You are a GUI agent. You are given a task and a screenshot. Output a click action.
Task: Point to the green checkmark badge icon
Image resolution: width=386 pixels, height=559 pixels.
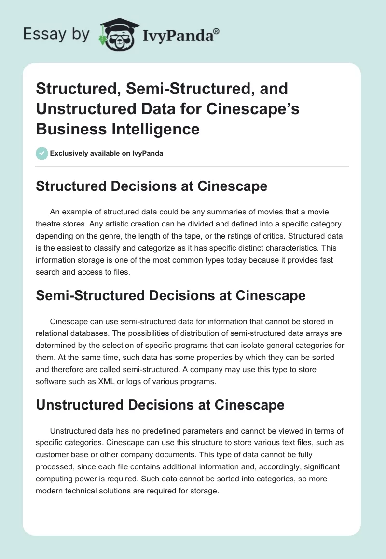coord(41,153)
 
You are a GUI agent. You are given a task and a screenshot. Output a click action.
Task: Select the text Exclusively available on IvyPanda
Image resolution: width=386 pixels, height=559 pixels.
coord(106,154)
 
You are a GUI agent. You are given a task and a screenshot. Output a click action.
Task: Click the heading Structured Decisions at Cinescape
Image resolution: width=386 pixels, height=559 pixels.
coord(152,186)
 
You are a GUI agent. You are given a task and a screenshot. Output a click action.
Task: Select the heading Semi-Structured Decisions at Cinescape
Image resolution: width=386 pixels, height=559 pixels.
coord(171,295)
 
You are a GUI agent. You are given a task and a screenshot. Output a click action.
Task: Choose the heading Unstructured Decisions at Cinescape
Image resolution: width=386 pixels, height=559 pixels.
coord(160,405)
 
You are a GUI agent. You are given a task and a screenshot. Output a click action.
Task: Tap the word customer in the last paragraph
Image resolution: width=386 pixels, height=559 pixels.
coord(53,455)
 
